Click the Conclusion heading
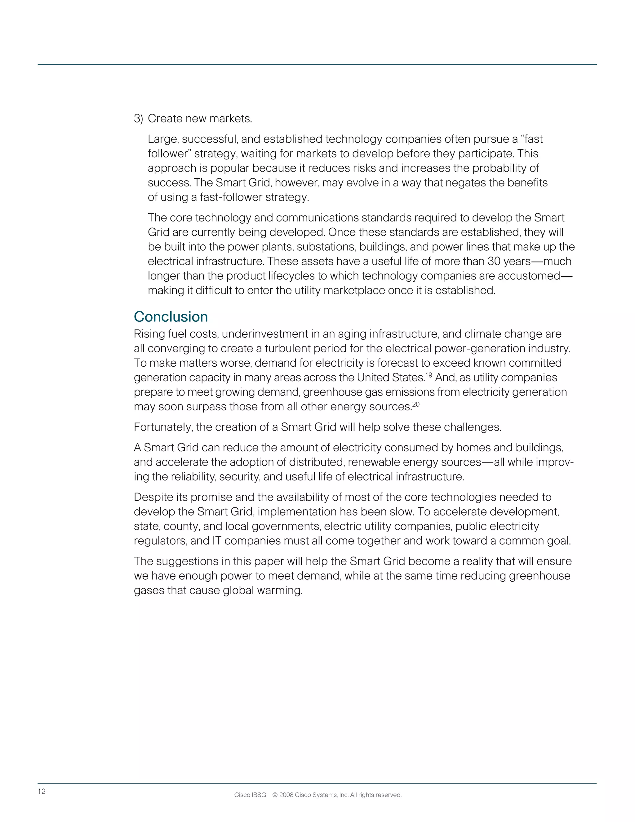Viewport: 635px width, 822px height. (x=171, y=317)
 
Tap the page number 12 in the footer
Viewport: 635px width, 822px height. (x=41, y=792)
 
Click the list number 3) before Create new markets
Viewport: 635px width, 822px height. (x=138, y=119)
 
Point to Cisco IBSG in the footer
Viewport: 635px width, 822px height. (x=250, y=795)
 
